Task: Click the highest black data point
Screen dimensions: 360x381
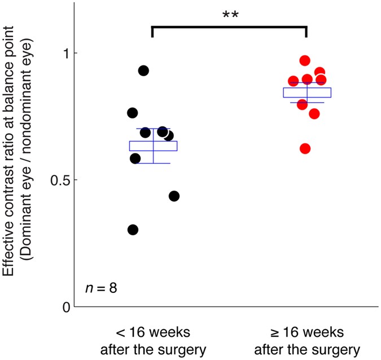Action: pyautogui.click(x=143, y=71)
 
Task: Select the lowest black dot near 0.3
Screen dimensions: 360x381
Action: pyautogui.click(x=133, y=230)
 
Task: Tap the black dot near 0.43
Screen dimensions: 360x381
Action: pyautogui.click(x=174, y=196)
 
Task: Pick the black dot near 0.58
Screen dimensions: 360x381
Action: pyautogui.click(x=135, y=159)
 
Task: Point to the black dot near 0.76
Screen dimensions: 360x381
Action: pyautogui.click(x=133, y=113)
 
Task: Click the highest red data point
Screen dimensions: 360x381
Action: pyautogui.click(x=305, y=60)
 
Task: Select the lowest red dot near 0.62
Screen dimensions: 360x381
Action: pyautogui.click(x=305, y=148)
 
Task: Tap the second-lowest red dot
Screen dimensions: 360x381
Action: pyautogui.click(x=314, y=114)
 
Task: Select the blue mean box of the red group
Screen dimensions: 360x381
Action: pyautogui.click(x=306, y=93)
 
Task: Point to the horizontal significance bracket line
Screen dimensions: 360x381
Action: pyautogui.click(x=229, y=26)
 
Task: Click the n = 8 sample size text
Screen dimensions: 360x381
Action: pyautogui.click(x=101, y=289)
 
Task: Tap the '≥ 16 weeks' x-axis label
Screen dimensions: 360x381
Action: pyautogui.click(x=306, y=330)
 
